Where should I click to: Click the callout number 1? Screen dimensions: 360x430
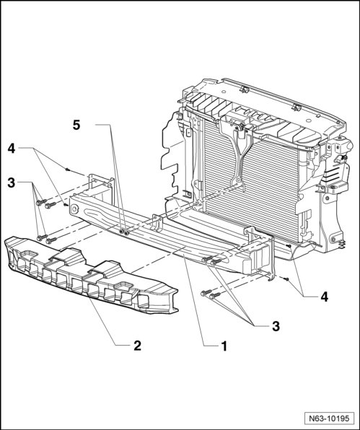point(224,346)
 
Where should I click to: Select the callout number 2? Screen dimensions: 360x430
point(137,346)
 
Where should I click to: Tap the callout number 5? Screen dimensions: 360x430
point(76,125)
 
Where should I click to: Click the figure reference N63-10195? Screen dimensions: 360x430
point(329,418)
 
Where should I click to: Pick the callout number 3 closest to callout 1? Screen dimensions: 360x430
point(276,326)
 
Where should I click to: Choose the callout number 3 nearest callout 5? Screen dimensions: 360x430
point(12,183)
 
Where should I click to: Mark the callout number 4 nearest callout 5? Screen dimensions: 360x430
point(12,149)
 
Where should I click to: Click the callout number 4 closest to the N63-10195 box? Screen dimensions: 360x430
point(324,297)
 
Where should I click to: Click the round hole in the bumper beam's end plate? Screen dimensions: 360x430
point(74,209)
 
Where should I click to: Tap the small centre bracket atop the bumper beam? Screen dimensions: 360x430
point(157,222)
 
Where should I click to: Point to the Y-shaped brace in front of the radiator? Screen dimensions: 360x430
point(239,154)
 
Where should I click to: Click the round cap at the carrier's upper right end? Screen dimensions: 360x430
point(348,144)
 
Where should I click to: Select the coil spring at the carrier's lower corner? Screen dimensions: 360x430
point(342,242)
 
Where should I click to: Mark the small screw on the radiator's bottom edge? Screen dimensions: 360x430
point(289,246)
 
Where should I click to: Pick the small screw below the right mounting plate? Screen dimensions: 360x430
point(286,279)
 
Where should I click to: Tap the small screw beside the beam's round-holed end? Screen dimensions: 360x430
point(66,204)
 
